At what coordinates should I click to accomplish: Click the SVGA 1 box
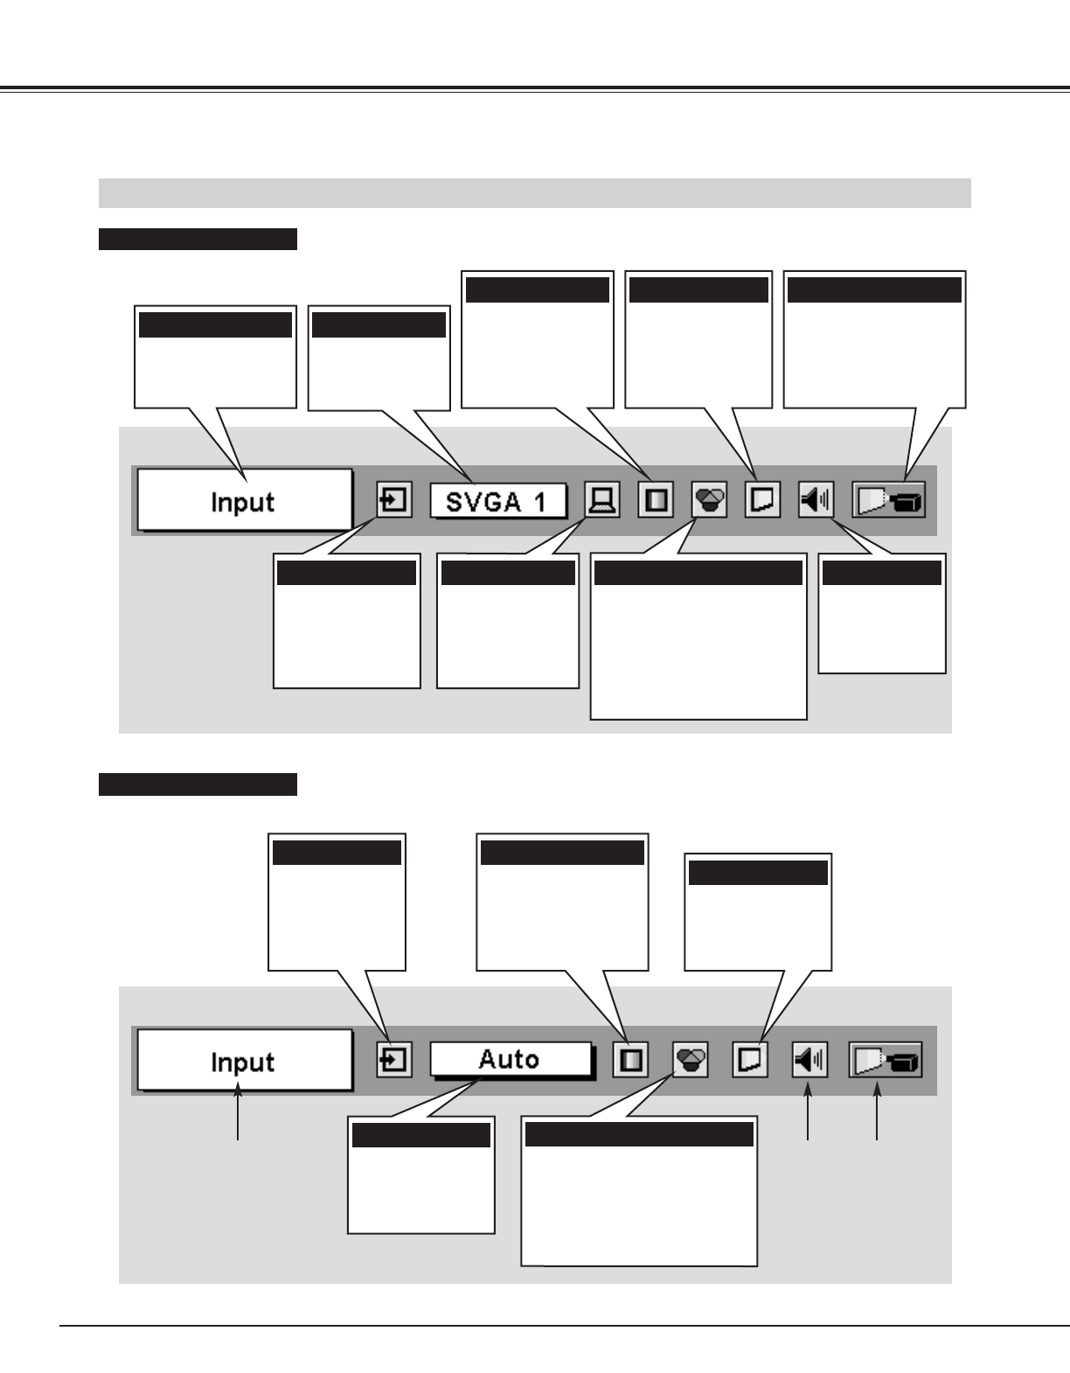click(498, 502)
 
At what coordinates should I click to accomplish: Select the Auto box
click(510, 1060)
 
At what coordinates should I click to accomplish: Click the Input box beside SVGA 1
click(244, 501)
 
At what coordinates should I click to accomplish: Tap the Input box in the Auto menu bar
click(244, 1061)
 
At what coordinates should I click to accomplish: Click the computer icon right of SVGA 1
click(602, 501)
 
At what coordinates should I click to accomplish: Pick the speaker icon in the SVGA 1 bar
click(816, 501)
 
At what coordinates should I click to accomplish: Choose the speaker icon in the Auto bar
click(809, 1061)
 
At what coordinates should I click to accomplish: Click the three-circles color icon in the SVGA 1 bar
click(709, 501)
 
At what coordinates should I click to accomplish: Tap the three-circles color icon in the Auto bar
click(691, 1061)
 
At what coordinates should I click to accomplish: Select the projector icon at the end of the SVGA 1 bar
click(888, 501)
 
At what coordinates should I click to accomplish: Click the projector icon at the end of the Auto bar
click(886, 1061)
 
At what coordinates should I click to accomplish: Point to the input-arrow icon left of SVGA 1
click(394, 501)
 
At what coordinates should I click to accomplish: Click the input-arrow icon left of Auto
click(394, 1061)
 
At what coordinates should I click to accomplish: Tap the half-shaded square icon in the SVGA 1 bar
click(656, 501)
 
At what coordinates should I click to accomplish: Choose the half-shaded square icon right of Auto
click(630, 1061)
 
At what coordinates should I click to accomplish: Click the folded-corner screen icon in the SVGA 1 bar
click(763, 501)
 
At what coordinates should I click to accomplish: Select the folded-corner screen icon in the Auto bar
click(749, 1061)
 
